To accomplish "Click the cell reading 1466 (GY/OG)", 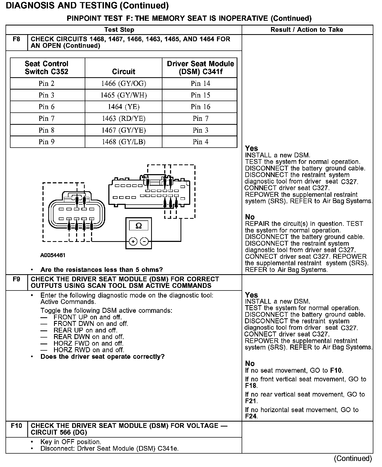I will [124, 84].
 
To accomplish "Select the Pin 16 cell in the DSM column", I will [200, 107].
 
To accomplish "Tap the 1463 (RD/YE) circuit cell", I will [124, 119].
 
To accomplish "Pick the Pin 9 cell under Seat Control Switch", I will [46, 142].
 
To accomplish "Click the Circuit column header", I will [124, 72].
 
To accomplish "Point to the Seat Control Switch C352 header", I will [46, 68].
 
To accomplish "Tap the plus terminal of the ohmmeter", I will [133, 242].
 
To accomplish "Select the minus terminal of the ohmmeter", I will [144, 242].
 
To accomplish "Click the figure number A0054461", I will [53, 255].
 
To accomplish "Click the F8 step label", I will [16, 39].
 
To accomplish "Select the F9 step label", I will [16, 279].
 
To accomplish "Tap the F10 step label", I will [16, 426].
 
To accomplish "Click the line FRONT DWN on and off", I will [91, 324].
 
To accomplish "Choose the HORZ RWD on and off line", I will [89, 350].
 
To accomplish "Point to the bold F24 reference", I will [251, 416].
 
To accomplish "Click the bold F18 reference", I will [251, 386].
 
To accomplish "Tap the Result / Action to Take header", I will [307, 30].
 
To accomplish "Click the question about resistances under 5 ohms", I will [102, 270].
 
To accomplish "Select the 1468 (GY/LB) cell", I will [124, 142].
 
